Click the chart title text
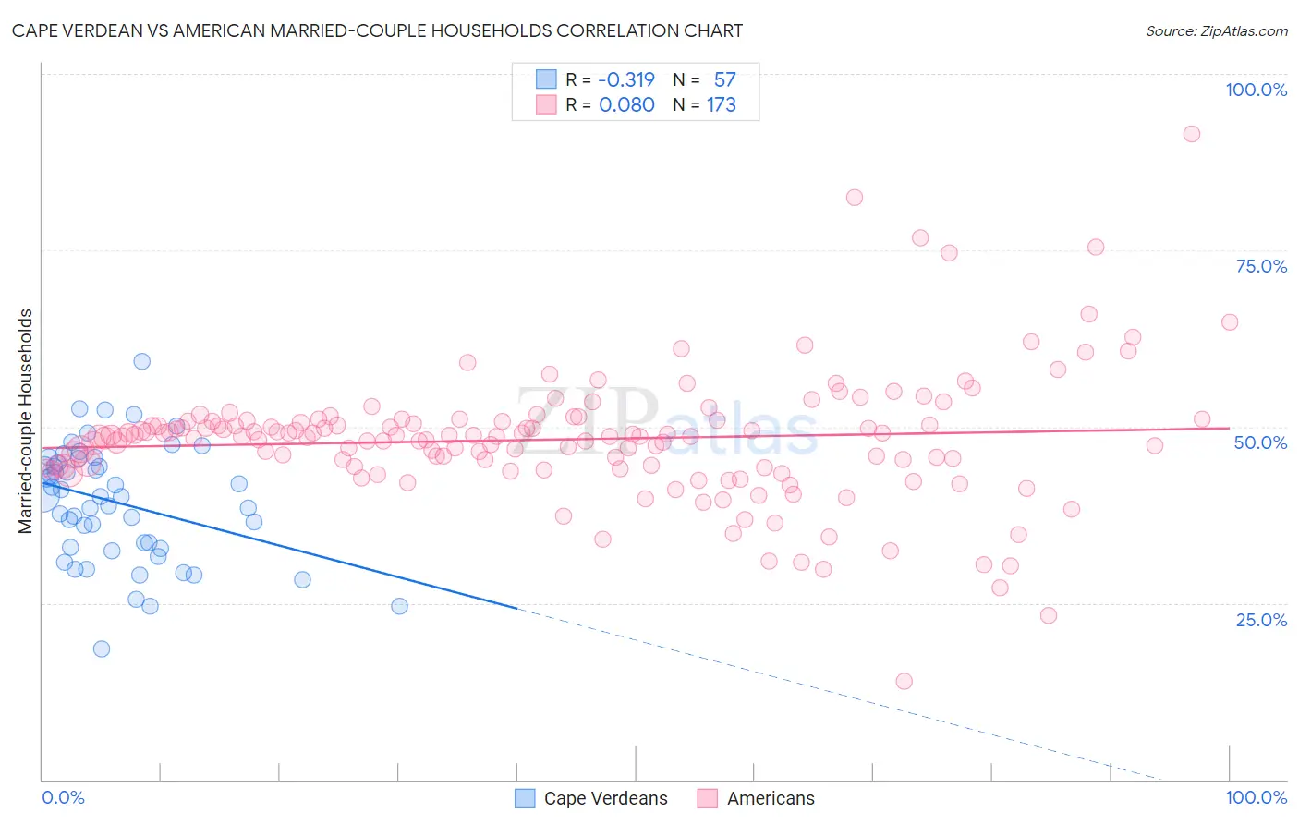click(377, 31)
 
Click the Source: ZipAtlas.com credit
click(1216, 31)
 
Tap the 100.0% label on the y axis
click(1256, 90)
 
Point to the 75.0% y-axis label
click(1261, 266)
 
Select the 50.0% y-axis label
click(1261, 442)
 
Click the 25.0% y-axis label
click(1261, 620)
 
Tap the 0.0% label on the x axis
click(63, 797)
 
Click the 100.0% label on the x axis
click(1256, 797)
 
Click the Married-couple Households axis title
click(26, 421)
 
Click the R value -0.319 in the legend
click(626, 79)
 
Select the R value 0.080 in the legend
click(626, 105)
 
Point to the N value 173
click(722, 105)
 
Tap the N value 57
click(724, 79)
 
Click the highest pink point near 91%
click(1192, 134)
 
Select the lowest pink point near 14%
click(904, 681)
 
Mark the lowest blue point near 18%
click(102, 648)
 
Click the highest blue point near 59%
click(141, 361)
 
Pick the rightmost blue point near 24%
click(399, 606)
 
